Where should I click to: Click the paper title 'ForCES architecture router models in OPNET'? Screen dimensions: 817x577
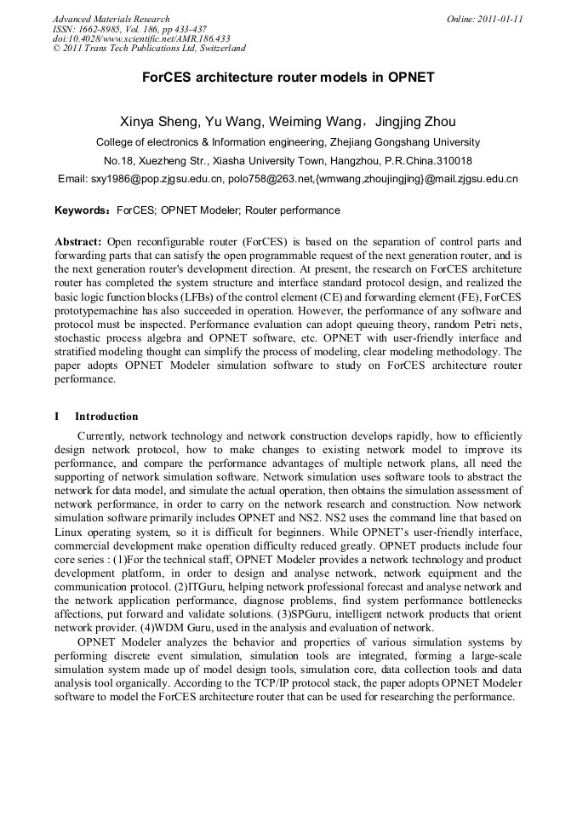(x=288, y=77)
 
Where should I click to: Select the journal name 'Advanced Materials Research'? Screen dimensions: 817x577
(x=111, y=19)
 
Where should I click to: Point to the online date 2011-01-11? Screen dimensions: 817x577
(x=485, y=19)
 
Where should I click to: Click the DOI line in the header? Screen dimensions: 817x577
(x=141, y=39)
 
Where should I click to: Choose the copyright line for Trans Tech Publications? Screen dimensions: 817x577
(x=149, y=49)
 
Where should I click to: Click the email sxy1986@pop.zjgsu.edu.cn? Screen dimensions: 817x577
(x=156, y=180)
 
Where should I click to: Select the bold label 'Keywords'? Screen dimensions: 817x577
(x=82, y=210)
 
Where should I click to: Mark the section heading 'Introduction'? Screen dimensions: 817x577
(x=106, y=417)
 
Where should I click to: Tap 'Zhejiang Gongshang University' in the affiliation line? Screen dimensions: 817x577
(x=405, y=142)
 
